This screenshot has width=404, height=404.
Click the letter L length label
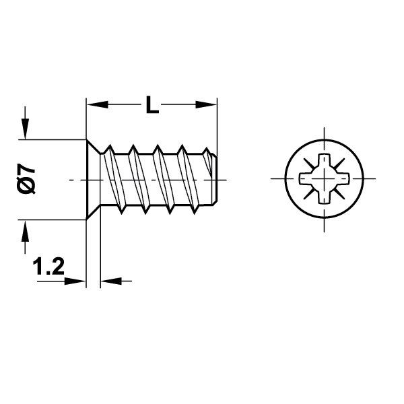pos(152,105)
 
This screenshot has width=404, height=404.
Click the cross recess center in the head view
pos(322,180)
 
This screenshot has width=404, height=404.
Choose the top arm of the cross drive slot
pos(322,164)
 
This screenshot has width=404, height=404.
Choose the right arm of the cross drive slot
pos(339,180)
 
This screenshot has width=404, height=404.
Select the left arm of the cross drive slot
pos(304,180)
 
